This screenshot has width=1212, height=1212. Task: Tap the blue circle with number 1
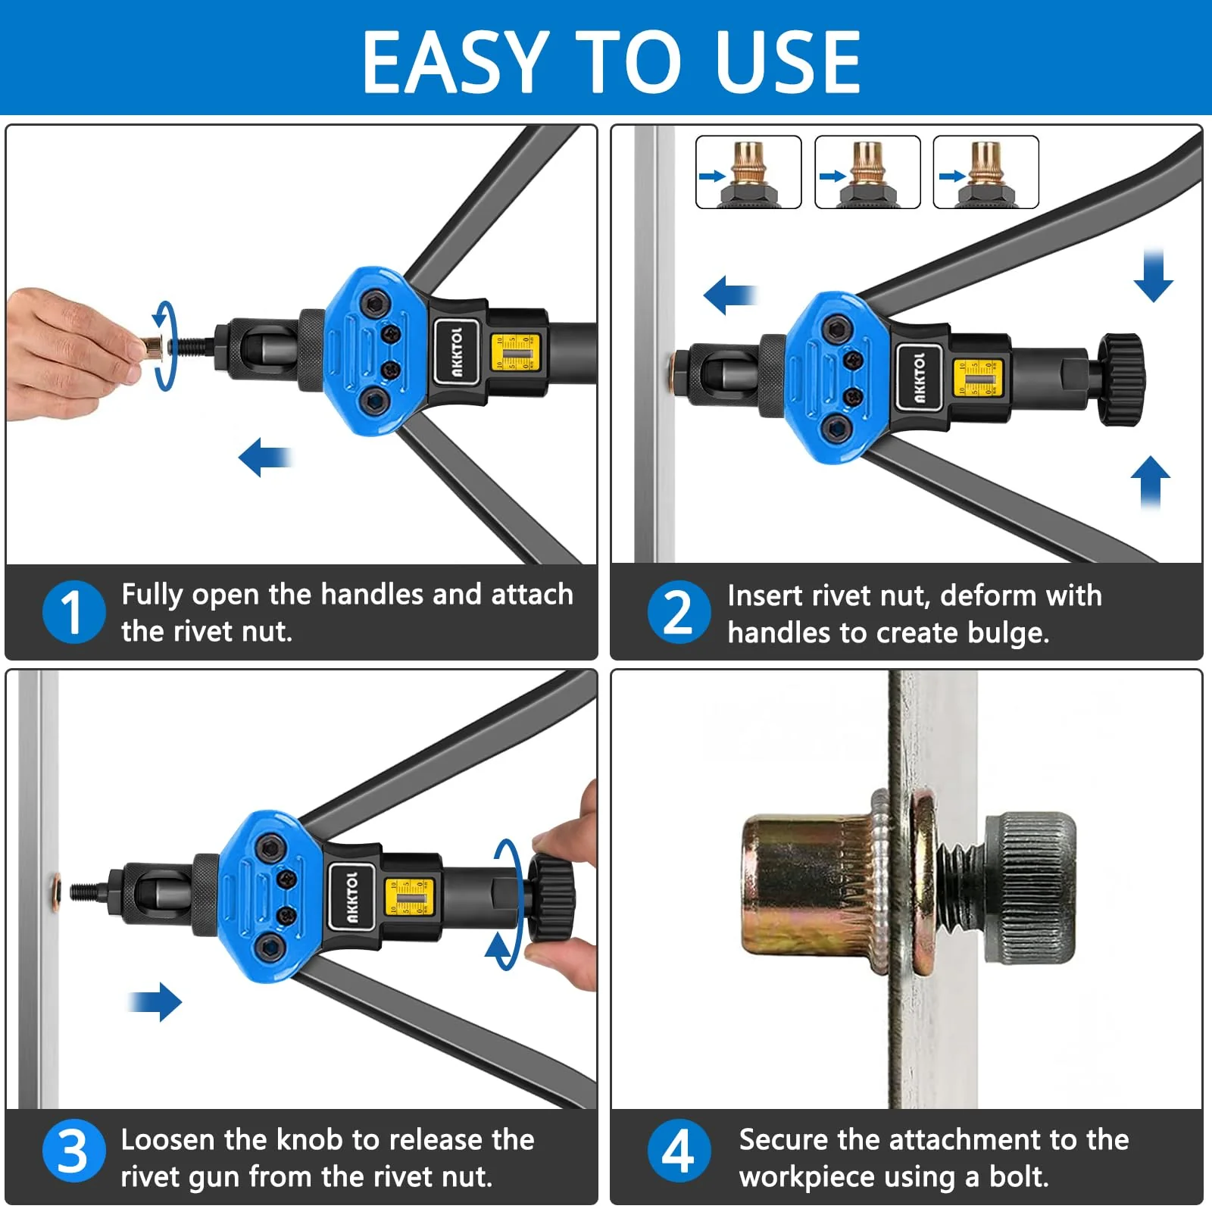click(73, 612)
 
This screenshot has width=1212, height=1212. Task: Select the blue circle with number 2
click(679, 612)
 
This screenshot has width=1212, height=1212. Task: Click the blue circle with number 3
click(73, 1151)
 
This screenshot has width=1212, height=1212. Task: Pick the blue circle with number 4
click(679, 1151)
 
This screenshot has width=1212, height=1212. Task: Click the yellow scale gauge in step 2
click(977, 377)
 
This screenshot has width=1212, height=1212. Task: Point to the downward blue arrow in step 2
click(1153, 274)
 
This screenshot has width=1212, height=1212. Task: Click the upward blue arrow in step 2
click(1150, 481)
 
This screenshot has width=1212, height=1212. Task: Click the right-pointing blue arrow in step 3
click(157, 1001)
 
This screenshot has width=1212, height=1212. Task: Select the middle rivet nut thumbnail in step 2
click(867, 172)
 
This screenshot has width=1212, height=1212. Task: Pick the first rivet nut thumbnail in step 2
click(748, 172)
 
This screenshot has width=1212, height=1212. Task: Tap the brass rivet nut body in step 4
click(803, 882)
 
